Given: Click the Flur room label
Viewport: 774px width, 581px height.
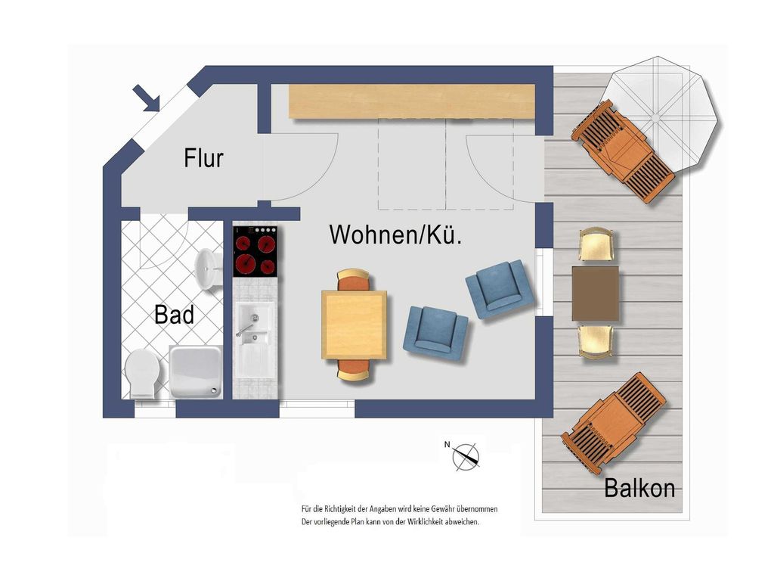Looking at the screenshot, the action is (203, 158).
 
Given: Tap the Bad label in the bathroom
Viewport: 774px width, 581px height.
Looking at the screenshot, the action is (174, 315).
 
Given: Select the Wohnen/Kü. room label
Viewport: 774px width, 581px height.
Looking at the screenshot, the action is (396, 235).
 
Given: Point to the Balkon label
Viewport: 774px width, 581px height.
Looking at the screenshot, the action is (639, 488).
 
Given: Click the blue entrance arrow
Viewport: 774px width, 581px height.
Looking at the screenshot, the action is (147, 98).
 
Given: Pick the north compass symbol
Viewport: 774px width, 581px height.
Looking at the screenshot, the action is (465, 455).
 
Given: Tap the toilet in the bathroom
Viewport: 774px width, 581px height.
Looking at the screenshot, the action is (143, 374).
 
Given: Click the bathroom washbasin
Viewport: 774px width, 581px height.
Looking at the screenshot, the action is (207, 270).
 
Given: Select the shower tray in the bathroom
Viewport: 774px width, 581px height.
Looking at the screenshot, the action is (196, 371).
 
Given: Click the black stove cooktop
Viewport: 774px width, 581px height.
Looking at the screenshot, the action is (255, 251).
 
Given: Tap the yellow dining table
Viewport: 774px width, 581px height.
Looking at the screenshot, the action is (354, 325).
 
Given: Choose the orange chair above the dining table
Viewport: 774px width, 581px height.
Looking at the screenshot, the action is (354, 280).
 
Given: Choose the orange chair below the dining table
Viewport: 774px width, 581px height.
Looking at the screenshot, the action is (354, 369).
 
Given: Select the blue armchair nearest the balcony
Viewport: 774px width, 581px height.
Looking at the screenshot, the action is (500, 290).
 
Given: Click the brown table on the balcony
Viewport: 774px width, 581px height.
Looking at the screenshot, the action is (596, 294).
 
